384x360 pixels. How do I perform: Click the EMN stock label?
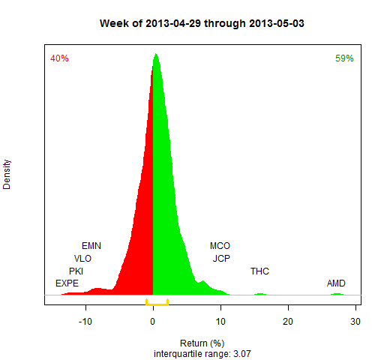[91, 246]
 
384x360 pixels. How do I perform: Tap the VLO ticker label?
[82, 259]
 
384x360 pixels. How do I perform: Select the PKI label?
[76, 271]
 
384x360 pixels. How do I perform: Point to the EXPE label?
[67, 283]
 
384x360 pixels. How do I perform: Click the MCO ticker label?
[220, 246]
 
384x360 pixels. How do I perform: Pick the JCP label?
[221, 259]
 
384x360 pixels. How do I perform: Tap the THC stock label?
[259, 271]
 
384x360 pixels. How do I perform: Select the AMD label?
[336, 283]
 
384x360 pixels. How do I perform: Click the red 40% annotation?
[59, 58]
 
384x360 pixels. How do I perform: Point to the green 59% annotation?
[344, 58]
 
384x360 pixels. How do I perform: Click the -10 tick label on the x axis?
[85, 322]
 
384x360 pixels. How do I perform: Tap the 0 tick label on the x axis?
[153, 322]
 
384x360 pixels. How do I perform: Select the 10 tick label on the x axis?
[220, 322]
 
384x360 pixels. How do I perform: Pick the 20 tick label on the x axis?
[288, 322]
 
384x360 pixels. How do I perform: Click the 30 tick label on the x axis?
[355, 322]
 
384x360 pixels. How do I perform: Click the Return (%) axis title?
[202, 343]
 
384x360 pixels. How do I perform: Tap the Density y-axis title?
[7, 175]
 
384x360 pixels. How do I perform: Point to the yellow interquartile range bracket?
[157, 304]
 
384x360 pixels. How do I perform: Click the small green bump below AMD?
[337, 294]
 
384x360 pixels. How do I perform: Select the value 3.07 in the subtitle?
[242, 354]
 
